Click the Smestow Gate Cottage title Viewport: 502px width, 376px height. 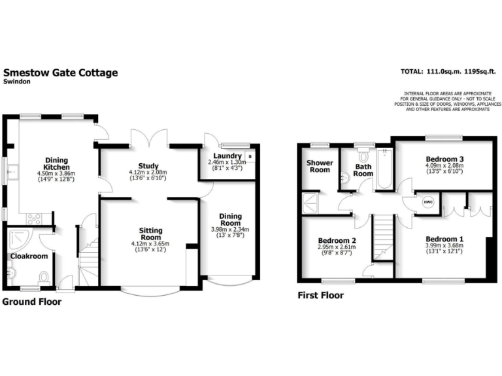[61, 73]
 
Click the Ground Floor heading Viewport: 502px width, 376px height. [31, 302]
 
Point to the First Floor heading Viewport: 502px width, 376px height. [320, 295]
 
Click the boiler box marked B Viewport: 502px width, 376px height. [249, 157]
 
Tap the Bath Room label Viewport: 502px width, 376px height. [363, 170]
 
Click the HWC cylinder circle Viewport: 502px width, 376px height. [429, 202]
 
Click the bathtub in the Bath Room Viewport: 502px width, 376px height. [384, 169]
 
